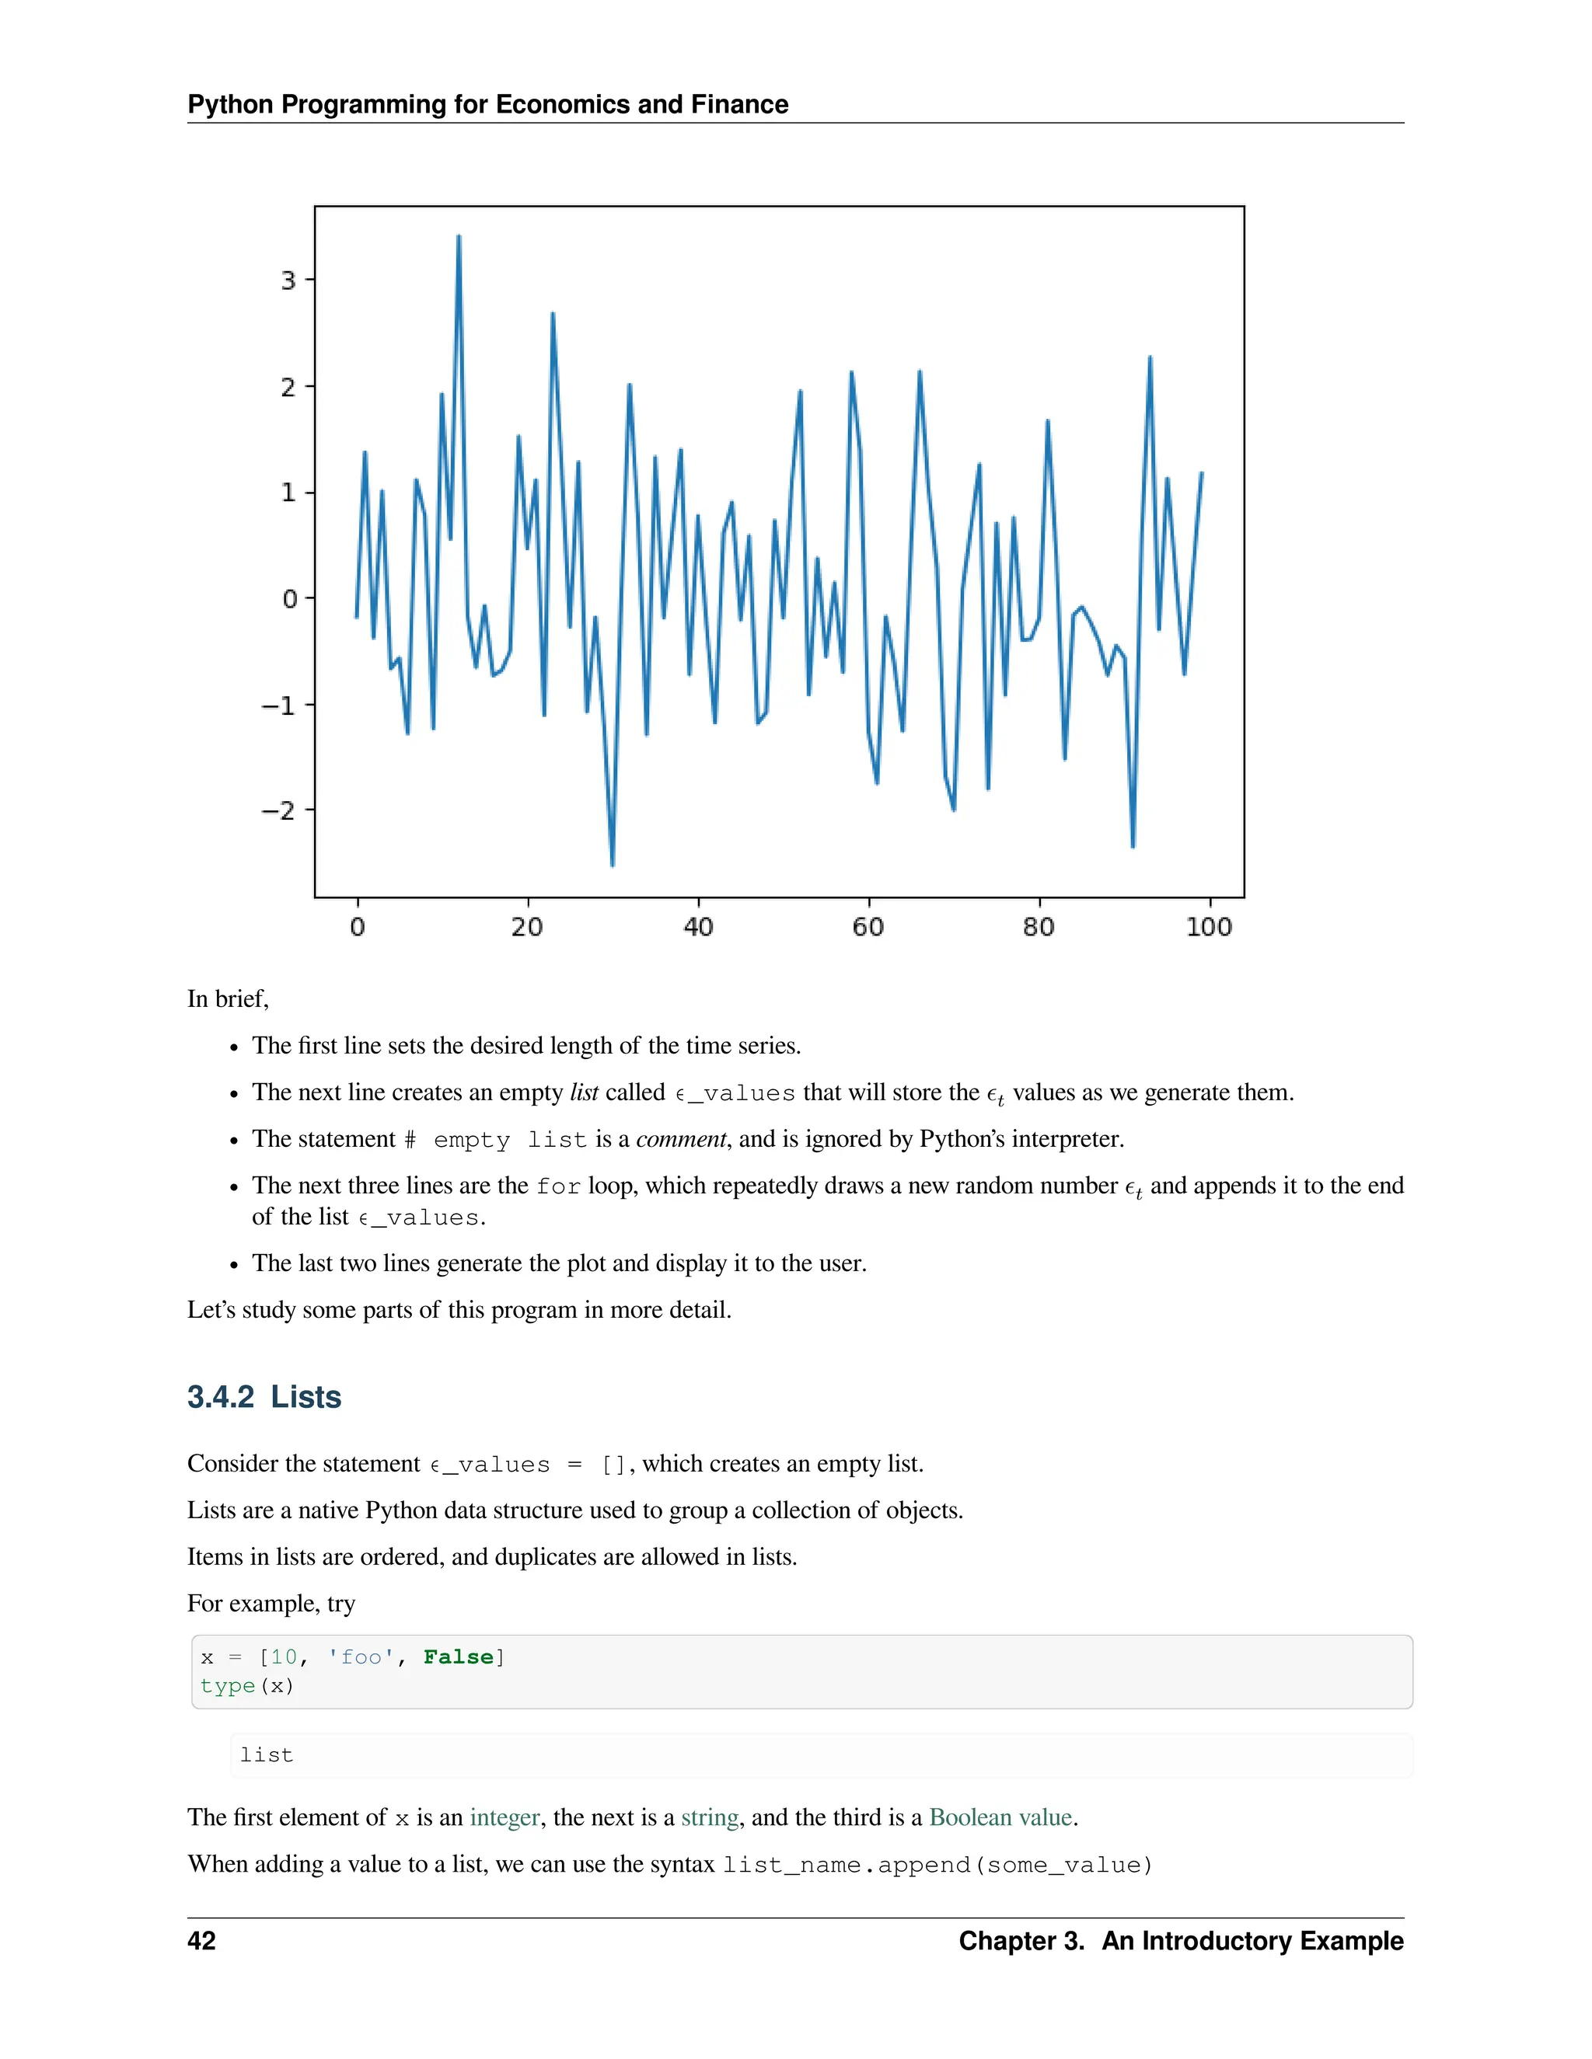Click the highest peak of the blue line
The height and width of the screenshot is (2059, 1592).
459,237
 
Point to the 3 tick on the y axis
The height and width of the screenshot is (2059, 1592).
288,280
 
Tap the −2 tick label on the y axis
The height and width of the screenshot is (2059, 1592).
278,810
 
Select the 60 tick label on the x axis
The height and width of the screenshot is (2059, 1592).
868,927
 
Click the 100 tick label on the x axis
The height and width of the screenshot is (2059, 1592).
1208,927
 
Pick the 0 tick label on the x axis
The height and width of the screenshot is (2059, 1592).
358,927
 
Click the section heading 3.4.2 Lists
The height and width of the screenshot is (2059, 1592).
264,1396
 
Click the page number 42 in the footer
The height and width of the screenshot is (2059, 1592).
202,1940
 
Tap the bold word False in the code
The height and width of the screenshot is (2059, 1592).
459,1657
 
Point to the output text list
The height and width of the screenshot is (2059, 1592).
266,1754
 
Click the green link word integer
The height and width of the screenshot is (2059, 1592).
504,1817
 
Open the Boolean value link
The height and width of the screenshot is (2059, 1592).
1000,1817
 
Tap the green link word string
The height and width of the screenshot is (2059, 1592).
709,1817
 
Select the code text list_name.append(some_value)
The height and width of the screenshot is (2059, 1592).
937,1865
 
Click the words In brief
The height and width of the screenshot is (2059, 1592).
227,998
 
